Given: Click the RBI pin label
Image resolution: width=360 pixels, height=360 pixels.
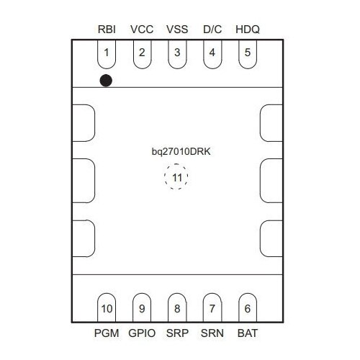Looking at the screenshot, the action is [x=107, y=30].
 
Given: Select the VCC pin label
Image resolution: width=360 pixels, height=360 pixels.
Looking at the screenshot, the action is [x=142, y=30].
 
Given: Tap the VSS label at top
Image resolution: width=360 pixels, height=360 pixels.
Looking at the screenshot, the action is [x=177, y=30].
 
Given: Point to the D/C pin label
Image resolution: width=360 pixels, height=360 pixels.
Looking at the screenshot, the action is [x=212, y=30].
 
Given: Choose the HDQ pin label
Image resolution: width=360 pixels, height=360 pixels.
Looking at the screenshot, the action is [x=248, y=30].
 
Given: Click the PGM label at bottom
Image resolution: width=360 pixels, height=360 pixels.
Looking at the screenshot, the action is [x=107, y=333].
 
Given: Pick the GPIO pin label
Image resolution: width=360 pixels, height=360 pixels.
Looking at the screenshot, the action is [x=142, y=333].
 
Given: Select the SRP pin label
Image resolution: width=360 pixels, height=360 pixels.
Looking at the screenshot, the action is [x=177, y=333].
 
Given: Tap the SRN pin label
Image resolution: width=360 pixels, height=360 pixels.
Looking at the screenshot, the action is [x=212, y=333].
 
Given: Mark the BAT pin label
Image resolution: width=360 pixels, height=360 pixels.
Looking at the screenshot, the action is [x=248, y=333].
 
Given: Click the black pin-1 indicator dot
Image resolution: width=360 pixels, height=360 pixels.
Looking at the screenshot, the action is [x=106, y=81].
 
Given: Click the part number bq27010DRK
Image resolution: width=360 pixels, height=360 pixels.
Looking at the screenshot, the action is [x=181, y=152].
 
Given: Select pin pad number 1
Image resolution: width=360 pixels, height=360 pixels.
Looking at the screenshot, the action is [x=107, y=54].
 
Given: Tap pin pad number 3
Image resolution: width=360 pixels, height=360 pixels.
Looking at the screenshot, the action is [x=177, y=54].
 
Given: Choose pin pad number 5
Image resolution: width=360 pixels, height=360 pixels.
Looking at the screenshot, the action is [x=248, y=54].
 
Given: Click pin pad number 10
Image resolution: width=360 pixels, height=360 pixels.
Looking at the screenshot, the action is [x=107, y=307].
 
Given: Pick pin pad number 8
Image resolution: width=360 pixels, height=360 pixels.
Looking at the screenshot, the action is [x=177, y=307].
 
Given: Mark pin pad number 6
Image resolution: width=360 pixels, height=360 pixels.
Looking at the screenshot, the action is [x=248, y=307].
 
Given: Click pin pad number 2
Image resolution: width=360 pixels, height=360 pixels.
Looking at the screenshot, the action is [x=142, y=54].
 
